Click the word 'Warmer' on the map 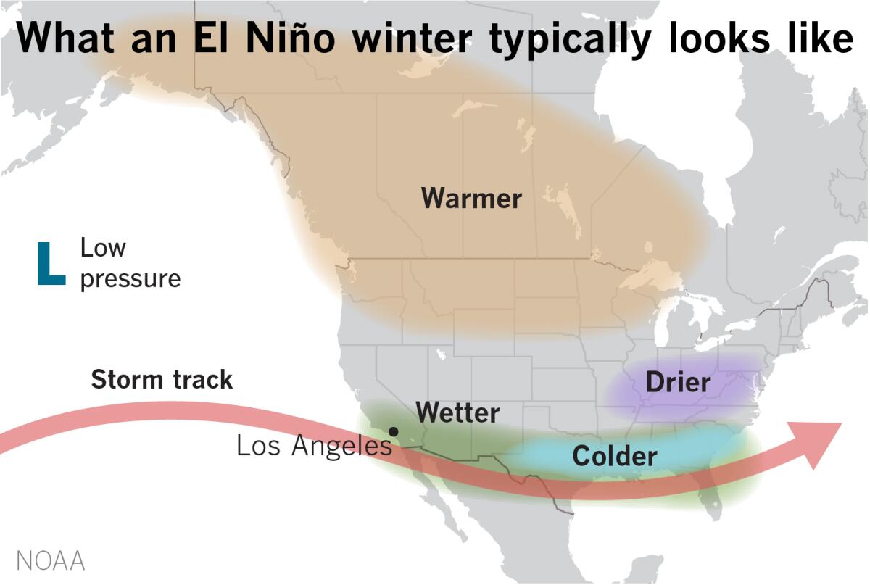pyautogui.click(x=471, y=198)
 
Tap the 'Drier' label pyautogui.click(x=678, y=382)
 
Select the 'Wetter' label pyautogui.click(x=457, y=413)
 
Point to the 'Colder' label pyautogui.click(x=615, y=456)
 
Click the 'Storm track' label pyautogui.click(x=162, y=379)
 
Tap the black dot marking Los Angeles pyautogui.click(x=393, y=431)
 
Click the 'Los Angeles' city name pyautogui.click(x=314, y=446)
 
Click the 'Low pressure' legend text pyautogui.click(x=129, y=263)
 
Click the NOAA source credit pyautogui.click(x=50, y=561)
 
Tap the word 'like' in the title pyautogui.click(x=820, y=38)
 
